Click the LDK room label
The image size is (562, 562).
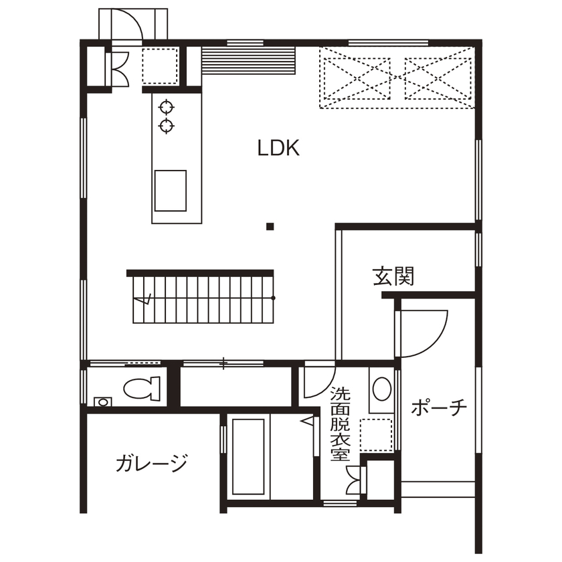[x=278, y=149]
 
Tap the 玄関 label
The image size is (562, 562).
[x=393, y=276]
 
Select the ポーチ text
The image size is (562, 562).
[x=438, y=407]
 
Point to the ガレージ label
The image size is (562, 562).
[x=151, y=463]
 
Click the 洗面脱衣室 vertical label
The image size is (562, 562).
[x=341, y=424]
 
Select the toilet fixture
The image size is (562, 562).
[x=142, y=387]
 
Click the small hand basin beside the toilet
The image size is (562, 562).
[x=102, y=401]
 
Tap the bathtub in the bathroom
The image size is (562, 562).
[x=249, y=456]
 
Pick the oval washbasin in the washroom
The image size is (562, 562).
[x=381, y=389]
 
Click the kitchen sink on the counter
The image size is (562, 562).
[x=170, y=190]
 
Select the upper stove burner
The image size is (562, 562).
[x=166, y=106]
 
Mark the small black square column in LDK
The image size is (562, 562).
[x=270, y=226]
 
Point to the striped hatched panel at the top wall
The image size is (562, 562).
[x=248, y=62]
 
